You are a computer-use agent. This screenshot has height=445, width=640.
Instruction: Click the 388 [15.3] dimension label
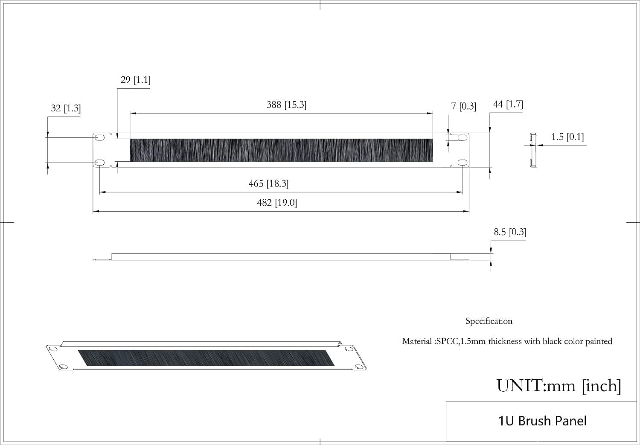[286, 105]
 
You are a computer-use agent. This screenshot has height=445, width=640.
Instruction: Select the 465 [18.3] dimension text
[268, 184]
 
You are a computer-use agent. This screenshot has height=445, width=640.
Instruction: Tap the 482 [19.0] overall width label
[277, 203]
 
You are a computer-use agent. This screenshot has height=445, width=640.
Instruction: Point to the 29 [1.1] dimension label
[135, 80]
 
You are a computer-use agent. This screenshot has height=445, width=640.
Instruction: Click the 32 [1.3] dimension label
[66, 108]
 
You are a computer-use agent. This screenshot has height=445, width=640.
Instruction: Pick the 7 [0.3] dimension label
[463, 106]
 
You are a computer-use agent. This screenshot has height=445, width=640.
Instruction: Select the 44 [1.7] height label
[508, 104]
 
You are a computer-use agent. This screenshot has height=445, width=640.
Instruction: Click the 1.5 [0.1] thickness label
[567, 137]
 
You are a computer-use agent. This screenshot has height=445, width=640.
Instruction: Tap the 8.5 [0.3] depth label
[510, 232]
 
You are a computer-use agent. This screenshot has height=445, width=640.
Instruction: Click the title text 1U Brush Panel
[542, 421]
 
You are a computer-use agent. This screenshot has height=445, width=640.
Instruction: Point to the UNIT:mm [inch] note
[559, 386]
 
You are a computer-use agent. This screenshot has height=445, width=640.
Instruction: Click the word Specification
[489, 321]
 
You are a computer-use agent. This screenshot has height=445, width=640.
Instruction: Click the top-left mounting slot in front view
[99, 138]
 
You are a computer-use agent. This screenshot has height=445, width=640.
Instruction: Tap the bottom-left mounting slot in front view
[99, 163]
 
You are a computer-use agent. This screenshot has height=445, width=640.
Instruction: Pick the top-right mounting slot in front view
[463, 138]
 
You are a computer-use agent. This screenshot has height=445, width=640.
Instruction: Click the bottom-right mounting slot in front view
[463, 163]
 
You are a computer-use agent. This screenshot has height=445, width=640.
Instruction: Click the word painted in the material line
[599, 341]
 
